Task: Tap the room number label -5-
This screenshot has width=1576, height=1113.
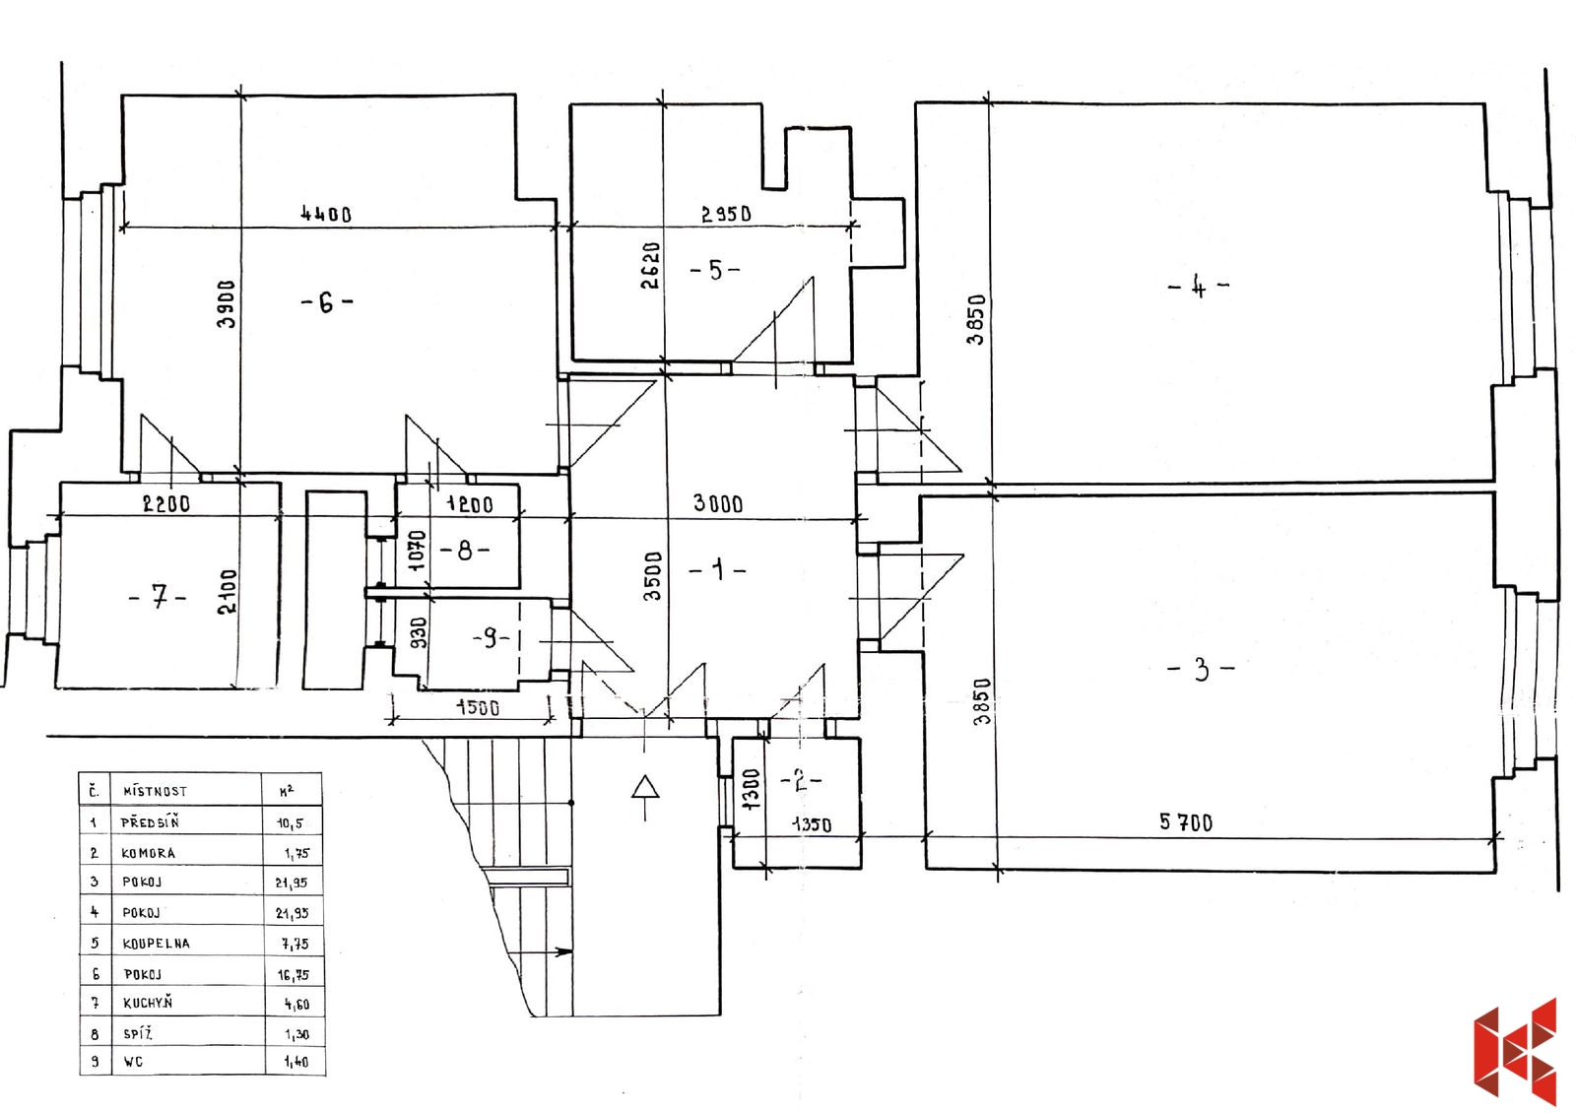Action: [x=715, y=270]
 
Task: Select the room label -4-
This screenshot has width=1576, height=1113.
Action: [x=1198, y=287]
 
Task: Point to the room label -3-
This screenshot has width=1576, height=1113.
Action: [x=1201, y=669]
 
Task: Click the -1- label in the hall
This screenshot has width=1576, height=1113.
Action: [x=717, y=569]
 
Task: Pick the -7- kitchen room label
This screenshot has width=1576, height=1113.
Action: [x=159, y=598]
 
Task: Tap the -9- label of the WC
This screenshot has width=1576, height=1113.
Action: [x=491, y=638]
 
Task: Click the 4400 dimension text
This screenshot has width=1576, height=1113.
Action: [x=326, y=213]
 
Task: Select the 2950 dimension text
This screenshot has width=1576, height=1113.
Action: [x=726, y=213]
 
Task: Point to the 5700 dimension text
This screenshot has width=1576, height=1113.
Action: [x=1186, y=821]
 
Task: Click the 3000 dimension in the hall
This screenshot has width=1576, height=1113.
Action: [x=718, y=503]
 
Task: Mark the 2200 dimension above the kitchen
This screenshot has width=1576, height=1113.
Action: [x=166, y=503]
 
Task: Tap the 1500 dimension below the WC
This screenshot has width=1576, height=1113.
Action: [x=478, y=707]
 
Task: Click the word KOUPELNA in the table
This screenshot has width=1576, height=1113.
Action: [x=157, y=944]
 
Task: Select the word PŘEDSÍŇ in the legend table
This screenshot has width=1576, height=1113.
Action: [x=150, y=821]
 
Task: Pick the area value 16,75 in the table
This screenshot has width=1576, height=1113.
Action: [x=294, y=974]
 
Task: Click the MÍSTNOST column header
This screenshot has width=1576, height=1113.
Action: [x=155, y=791]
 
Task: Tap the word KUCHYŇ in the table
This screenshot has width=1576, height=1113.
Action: [x=148, y=1003]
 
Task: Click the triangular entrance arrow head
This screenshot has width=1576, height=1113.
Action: [x=645, y=787]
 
